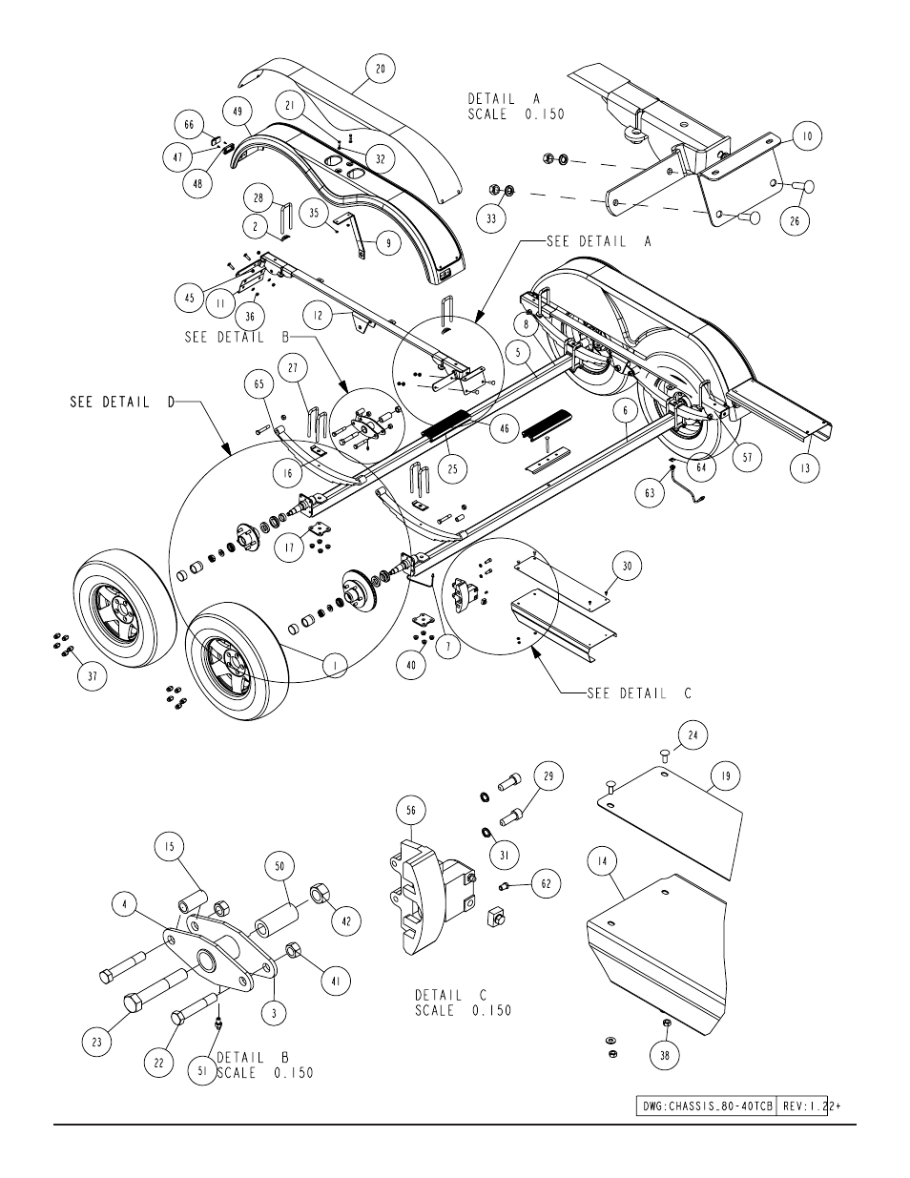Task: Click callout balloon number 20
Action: (380, 69)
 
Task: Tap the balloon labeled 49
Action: (238, 112)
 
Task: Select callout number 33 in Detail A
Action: (491, 219)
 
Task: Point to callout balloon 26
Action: (795, 220)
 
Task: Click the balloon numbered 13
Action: (805, 467)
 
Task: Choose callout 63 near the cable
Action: (650, 493)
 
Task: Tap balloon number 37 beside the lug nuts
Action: (93, 676)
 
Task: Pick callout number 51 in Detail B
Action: (202, 1071)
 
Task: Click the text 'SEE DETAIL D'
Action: (122, 403)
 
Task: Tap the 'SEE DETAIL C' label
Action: (639, 693)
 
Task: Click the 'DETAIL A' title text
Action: (504, 99)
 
